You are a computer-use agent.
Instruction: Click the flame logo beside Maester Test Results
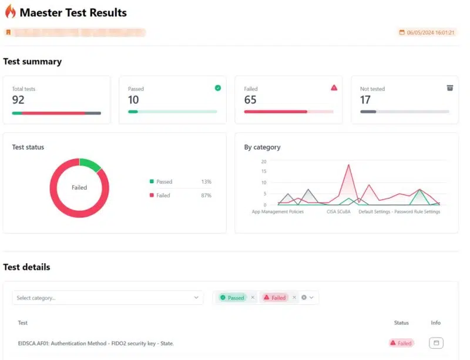click(10, 11)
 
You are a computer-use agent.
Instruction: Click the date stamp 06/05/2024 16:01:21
click(431, 32)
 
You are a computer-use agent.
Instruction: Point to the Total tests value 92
click(18, 100)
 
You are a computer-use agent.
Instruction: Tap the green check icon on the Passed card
click(218, 88)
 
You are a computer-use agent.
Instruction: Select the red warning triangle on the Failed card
click(334, 88)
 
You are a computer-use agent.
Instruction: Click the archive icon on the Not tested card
click(450, 88)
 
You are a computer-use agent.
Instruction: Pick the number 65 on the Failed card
click(250, 100)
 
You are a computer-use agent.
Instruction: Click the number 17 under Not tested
click(365, 100)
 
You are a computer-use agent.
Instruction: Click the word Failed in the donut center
click(79, 187)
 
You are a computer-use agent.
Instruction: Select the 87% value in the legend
click(206, 196)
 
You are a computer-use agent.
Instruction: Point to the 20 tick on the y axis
click(264, 162)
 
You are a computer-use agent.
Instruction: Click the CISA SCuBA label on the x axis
click(338, 212)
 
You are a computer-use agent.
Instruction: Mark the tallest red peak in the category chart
click(349, 165)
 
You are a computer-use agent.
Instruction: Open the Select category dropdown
click(108, 298)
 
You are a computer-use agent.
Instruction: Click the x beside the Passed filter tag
click(253, 298)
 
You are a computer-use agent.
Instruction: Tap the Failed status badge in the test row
click(401, 343)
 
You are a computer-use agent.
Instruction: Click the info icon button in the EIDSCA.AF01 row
click(435, 343)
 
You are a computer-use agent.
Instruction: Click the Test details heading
click(26, 267)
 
